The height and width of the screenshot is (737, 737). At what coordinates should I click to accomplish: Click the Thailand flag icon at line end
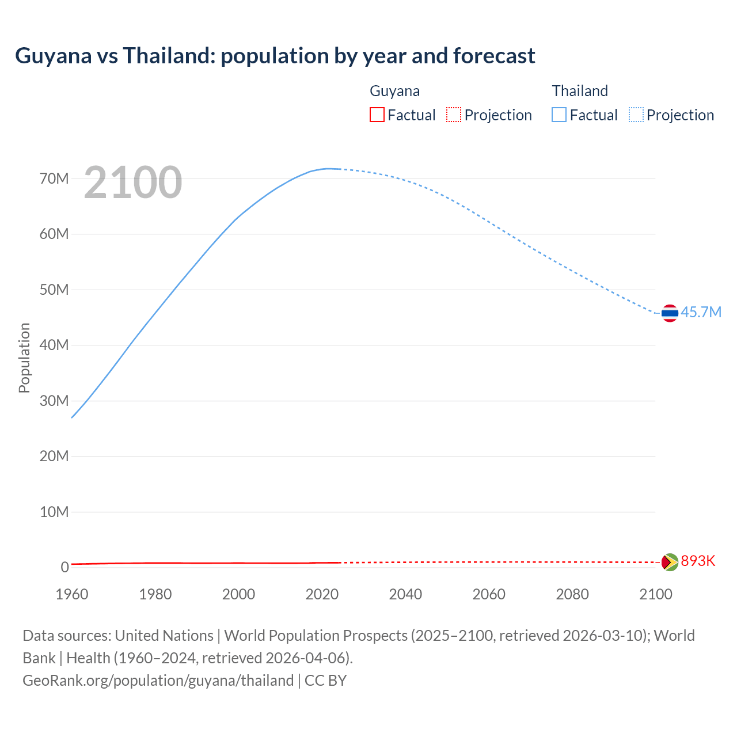[670, 313]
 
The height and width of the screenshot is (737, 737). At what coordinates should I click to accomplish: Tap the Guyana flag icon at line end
[670, 562]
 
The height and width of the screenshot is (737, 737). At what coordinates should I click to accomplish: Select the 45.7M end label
[701, 312]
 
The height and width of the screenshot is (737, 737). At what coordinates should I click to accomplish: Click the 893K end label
[698, 561]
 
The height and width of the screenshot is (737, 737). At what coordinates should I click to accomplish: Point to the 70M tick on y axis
[54, 178]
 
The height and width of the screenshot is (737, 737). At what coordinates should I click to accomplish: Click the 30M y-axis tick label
[54, 401]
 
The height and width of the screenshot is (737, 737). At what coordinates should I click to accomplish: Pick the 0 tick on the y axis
[64, 567]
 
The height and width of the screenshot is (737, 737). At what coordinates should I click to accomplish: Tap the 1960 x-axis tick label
[72, 594]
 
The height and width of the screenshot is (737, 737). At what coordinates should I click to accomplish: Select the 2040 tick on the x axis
[405, 594]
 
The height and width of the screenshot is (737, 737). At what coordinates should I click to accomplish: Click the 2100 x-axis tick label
[656, 594]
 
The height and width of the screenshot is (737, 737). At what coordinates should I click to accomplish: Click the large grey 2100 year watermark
[133, 183]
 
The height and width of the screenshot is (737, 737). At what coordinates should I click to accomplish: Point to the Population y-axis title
[24, 358]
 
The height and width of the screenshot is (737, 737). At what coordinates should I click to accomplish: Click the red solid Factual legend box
[377, 115]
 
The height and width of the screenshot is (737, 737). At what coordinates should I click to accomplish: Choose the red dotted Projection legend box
[454, 115]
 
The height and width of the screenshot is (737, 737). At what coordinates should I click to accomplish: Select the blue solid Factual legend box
[559, 115]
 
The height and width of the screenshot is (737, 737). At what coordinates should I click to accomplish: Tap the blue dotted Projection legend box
[636, 115]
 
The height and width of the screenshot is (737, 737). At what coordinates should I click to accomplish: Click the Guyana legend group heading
[394, 91]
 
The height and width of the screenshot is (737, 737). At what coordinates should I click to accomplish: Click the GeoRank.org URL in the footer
[158, 681]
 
